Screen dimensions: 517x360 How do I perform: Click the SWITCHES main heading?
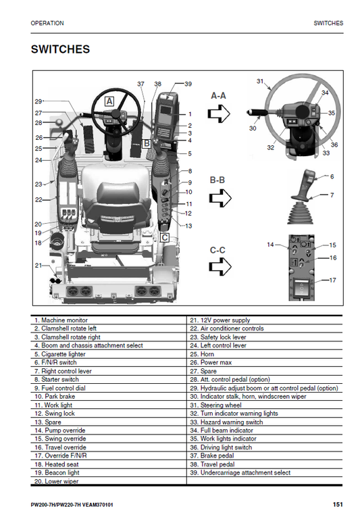click(61, 50)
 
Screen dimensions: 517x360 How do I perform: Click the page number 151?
click(338, 505)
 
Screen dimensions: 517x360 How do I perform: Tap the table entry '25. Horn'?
click(203, 353)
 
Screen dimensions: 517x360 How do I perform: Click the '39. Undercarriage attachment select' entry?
click(240, 473)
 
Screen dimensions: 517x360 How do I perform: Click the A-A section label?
click(218, 96)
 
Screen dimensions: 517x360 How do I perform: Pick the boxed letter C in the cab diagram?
click(164, 237)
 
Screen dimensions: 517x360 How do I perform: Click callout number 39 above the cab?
click(188, 84)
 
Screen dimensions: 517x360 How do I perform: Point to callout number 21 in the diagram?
click(38, 265)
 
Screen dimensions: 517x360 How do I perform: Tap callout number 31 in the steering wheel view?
click(260, 81)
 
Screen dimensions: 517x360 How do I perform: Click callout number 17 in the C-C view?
click(332, 280)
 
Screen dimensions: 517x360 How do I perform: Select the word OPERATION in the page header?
click(47, 23)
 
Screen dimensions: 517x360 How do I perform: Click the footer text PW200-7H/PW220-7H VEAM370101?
click(72, 505)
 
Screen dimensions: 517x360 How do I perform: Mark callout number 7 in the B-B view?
click(332, 195)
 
